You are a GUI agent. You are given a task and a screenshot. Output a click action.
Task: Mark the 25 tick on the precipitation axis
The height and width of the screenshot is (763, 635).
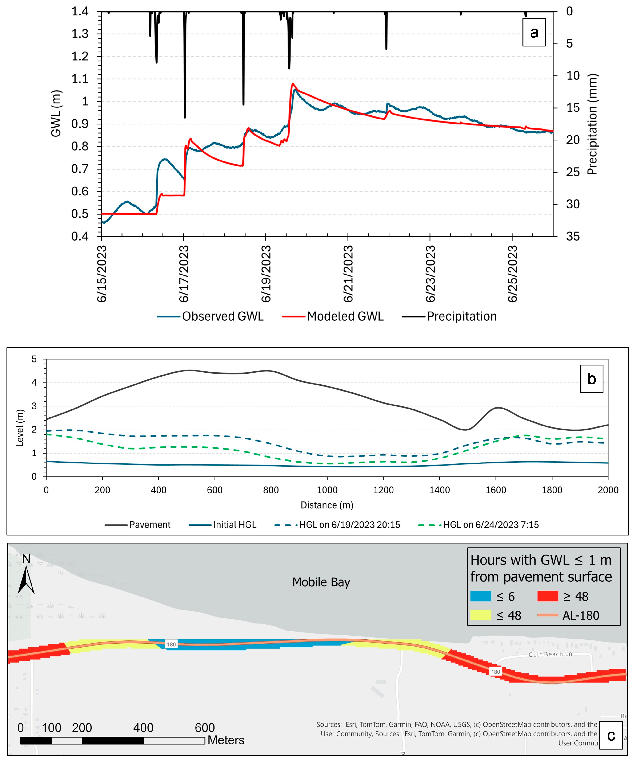573,172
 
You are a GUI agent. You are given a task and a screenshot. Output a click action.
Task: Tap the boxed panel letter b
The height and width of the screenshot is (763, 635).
591,379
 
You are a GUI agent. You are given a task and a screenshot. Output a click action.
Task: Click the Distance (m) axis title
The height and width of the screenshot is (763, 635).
327,505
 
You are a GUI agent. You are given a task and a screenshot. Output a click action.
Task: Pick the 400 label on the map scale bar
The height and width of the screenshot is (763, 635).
143,728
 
